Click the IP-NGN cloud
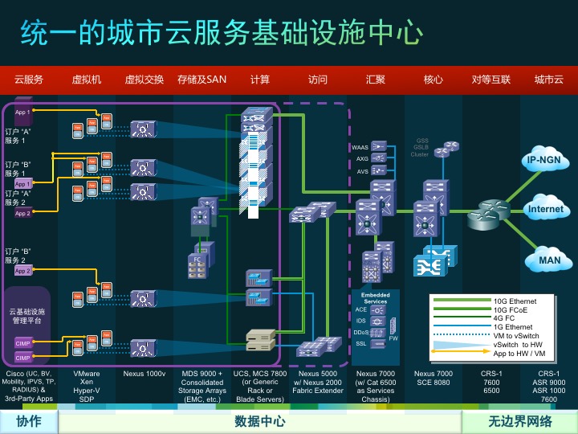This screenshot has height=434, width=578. click(547, 161)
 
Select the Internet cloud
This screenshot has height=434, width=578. click(546, 209)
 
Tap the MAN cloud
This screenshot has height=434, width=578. click(549, 260)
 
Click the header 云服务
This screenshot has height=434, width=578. click(28, 80)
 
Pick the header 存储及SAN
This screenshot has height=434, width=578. click(202, 80)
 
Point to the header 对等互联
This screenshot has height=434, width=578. click(491, 80)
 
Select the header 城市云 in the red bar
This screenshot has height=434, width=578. click(549, 80)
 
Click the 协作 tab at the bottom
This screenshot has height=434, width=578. click(28, 421)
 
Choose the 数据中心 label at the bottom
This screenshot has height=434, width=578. click(259, 421)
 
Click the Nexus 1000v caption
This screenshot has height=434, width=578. click(144, 375)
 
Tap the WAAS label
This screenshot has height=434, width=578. click(360, 148)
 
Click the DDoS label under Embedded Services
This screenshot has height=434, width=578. click(361, 332)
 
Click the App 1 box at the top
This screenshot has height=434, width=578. click(22, 113)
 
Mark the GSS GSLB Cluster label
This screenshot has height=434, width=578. click(421, 147)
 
